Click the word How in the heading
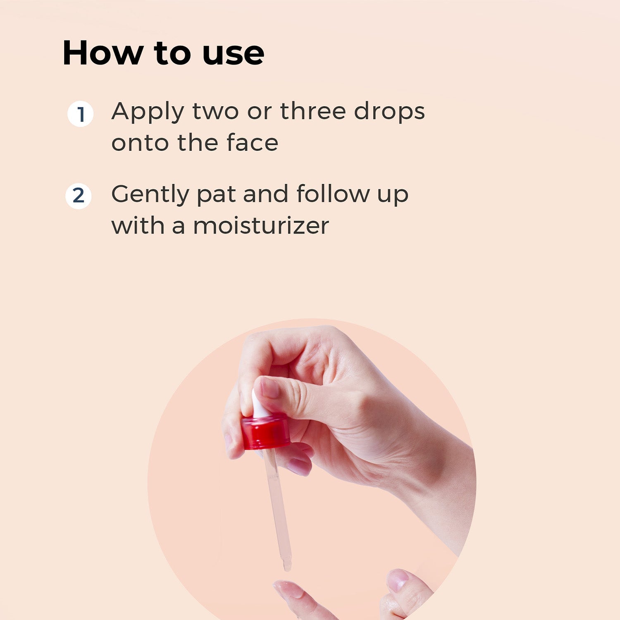(102, 53)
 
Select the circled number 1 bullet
(80, 114)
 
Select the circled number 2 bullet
(79, 196)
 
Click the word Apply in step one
(148, 112)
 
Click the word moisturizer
(261, 226)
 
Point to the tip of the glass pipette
(287, 569)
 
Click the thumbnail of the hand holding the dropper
(269, 388)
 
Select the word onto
(141, 143)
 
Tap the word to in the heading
(172, 55)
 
